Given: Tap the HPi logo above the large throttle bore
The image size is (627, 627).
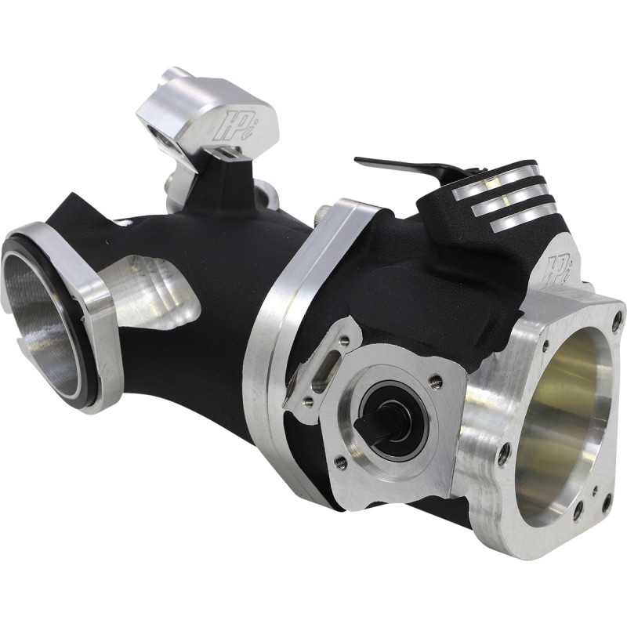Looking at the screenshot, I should click(x=562, y=267).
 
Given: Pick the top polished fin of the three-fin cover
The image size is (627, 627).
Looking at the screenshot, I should click(x=496, y=178).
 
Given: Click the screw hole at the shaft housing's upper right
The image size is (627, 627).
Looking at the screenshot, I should click(x=436, y=382).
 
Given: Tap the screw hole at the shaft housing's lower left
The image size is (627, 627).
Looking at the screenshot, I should click(x=340, y=462).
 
